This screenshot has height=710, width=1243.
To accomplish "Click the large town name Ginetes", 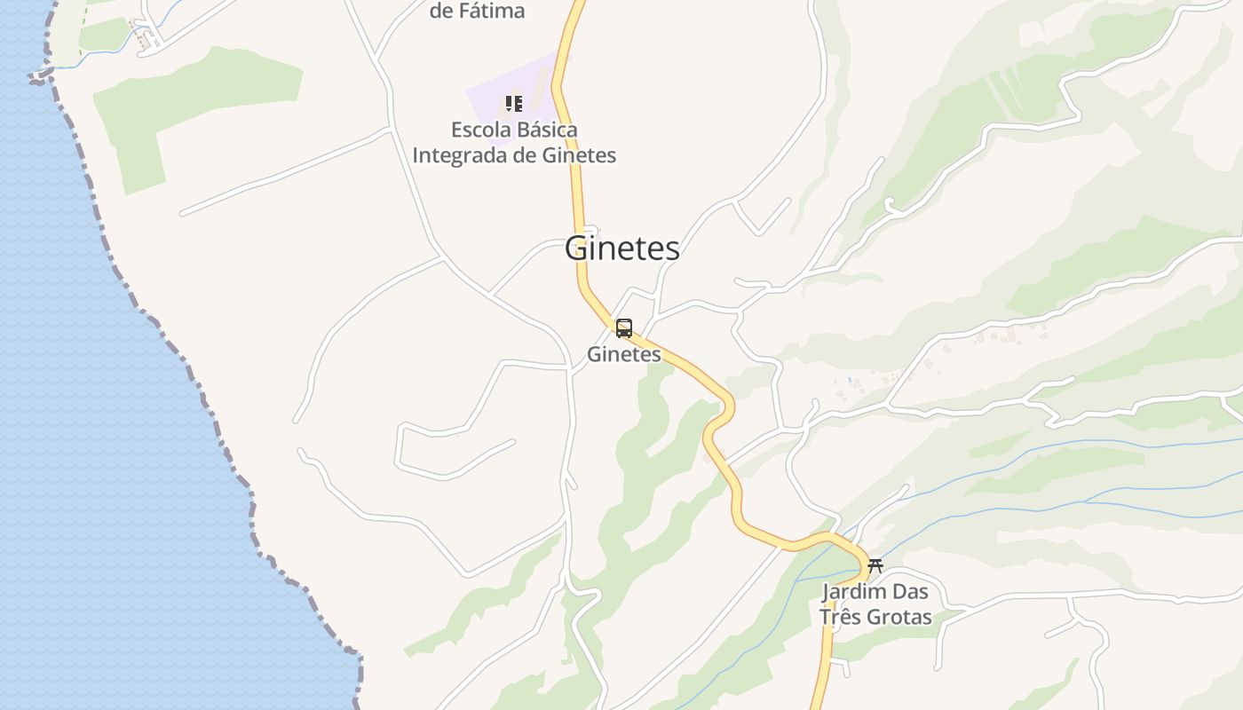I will pyautogui.click(x=622, y=248).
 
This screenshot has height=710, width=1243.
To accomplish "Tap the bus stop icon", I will pyautogui.click(x=624, y=328).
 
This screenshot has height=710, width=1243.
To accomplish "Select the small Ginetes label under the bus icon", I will pyautogui.click(x=624, y=354).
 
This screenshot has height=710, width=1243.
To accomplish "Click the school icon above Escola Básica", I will pyautogui.click(x=513, y=104).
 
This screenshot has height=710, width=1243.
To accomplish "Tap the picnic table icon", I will pyautogui.click(x=875, y=565).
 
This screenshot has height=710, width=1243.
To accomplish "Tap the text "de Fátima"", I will pyautogui.click(x=477, y=11).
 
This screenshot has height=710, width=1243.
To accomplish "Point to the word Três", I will pyautogui.click(x=839, y=617).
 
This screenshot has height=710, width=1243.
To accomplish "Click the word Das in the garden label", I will pyautogui.click(x=908, y=592).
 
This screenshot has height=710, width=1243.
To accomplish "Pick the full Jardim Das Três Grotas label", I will pyautogui.click(x=875, y=604).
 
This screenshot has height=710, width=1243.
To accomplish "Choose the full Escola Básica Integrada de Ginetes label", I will pyautogui.click(x=514, y=142).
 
